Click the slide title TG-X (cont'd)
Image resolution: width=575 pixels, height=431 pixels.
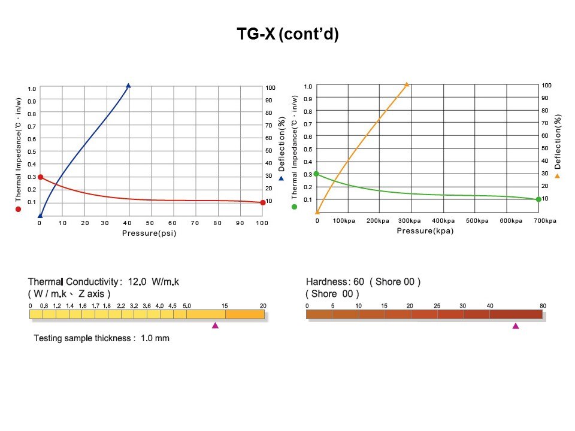click(287, 35)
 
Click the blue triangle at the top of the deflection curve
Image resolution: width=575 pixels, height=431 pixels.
click(128, 86)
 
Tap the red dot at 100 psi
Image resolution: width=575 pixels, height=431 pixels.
click(262, 202)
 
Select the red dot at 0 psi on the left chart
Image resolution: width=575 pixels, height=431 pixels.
click(40, 177)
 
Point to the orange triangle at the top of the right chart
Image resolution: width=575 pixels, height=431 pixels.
click(407, 85)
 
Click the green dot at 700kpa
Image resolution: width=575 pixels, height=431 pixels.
click(538, 199)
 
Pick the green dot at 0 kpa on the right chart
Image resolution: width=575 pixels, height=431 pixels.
click(317, 174)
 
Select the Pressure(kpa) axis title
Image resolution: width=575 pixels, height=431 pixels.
click(425, 230)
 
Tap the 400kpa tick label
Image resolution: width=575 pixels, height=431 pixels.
click(444, 221)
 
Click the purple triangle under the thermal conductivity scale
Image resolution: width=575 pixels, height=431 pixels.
click(215, 325)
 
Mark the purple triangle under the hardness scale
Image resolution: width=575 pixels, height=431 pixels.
click(516, 326)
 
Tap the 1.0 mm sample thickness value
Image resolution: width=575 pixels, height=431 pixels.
click(155, 338)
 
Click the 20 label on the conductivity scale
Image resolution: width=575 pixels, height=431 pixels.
click(262, 306)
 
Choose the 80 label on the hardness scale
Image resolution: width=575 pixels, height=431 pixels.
click(543, 306)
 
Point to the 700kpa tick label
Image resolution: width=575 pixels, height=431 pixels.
click(544, 221)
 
